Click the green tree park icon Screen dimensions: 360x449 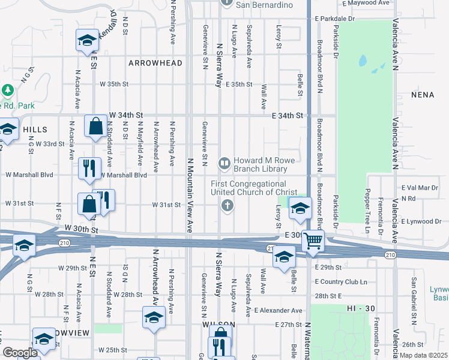pyautogui.click(x=8, y=91)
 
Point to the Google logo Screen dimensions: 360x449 pyautogui.click(x=20, y=353)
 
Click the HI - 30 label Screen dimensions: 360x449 pyautogui.click(x=361, y=308)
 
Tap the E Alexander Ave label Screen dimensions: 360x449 pyautogui.click(x=278, y=310)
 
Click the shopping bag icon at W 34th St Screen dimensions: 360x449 pyautogui.click(x=95, y=127)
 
